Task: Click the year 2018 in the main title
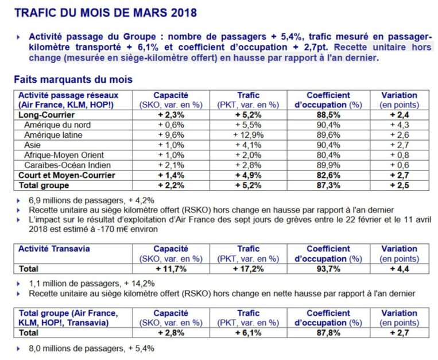coord(184,13)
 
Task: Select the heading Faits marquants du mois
coord(73,80)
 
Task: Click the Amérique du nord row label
coord(57,125)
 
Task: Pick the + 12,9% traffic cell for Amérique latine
coord(249,135)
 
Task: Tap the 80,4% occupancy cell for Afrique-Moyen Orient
coord(328,155)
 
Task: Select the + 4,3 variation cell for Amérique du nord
coord(400,125)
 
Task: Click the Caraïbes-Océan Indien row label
coord(67,165)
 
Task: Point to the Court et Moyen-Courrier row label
coord(67,175)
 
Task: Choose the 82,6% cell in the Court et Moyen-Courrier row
coord(328,175)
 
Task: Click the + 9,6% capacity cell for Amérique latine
coord(171,135)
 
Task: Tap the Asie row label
coord(32,145)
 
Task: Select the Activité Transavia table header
coord(54,249)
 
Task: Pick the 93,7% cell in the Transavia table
coord(328,269)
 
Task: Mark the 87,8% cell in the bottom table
coord(328,333)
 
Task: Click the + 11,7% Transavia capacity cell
coord(171,269)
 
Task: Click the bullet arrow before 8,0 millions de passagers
coord(18,349)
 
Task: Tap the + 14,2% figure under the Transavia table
coord(139,284)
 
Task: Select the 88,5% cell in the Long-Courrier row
coord(328,115)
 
